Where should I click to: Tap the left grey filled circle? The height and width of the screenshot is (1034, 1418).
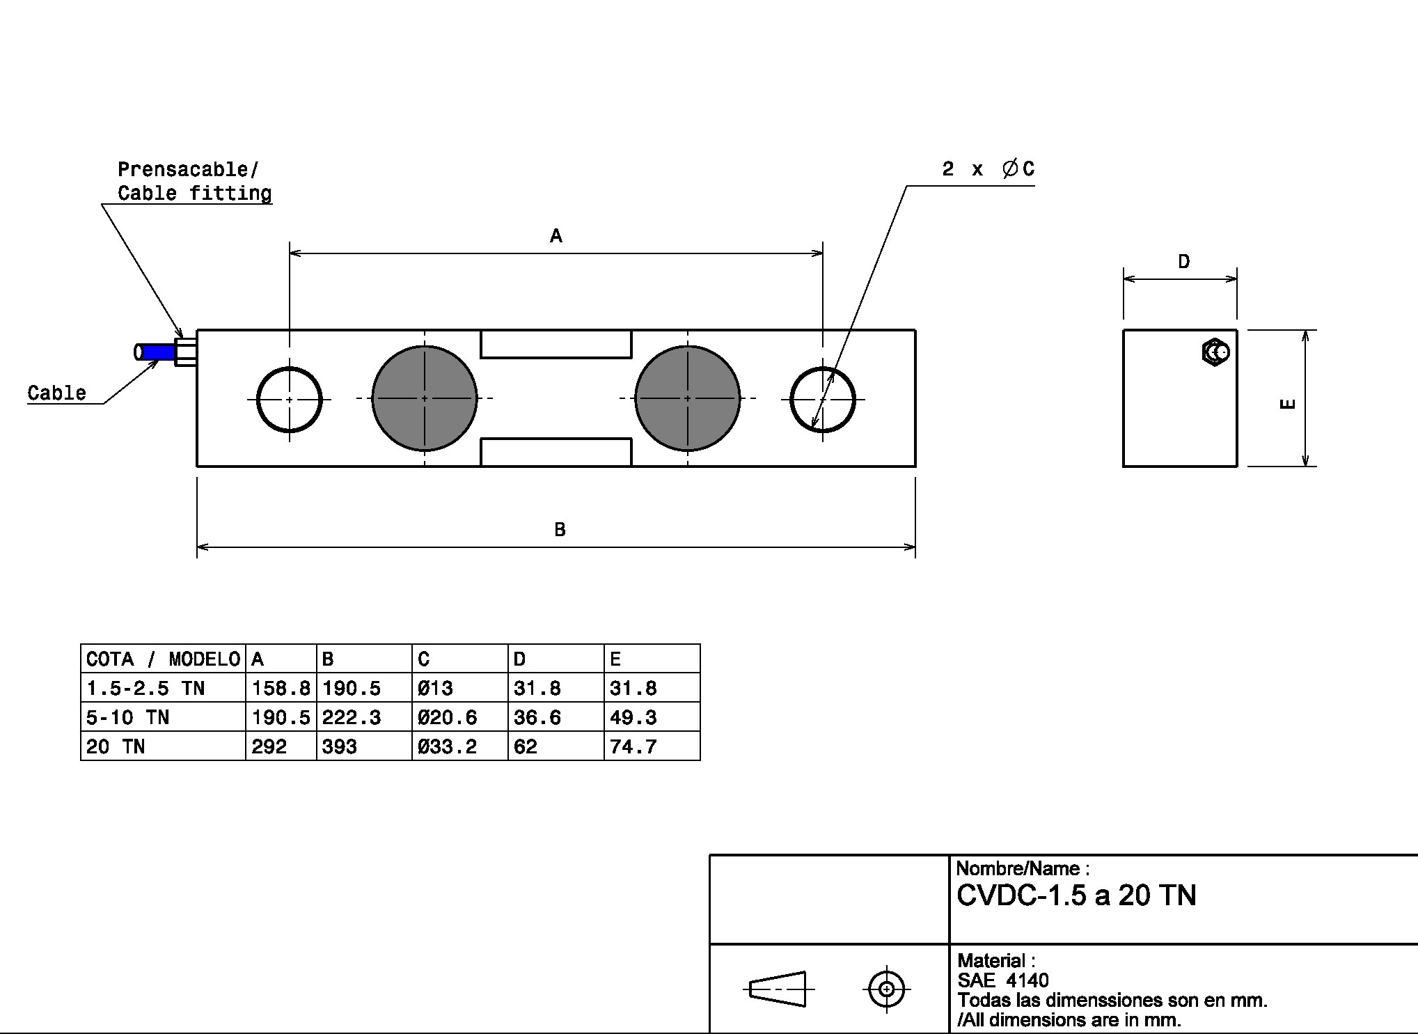(425, 398)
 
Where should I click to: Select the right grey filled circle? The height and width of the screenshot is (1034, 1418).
(688, 398)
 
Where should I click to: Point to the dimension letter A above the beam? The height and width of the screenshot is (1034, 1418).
(556, 236)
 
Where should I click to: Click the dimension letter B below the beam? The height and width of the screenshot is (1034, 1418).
(560, 530)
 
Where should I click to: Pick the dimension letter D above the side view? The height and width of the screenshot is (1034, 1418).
(1183, 262)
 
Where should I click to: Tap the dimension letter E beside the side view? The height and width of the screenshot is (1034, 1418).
(1288, 403)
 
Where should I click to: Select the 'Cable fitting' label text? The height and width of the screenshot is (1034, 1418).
(194, 193)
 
